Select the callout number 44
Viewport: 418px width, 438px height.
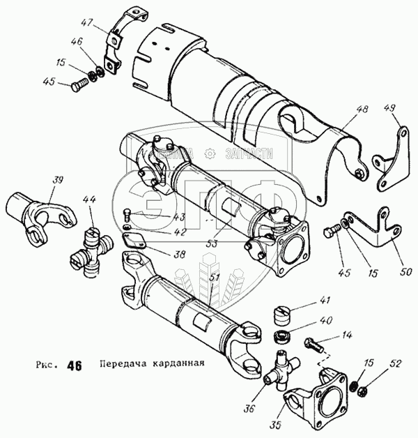click(91, 202)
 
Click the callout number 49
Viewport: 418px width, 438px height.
click(391, 108)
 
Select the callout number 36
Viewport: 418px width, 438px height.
click(249, 409)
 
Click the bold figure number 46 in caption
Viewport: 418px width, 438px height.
click(74, 365)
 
